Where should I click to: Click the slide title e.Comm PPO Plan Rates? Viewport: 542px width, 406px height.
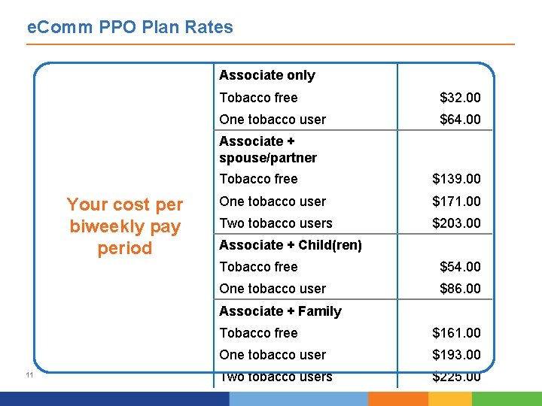tap(129, 28)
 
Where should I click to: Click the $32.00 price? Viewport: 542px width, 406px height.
tap(460, 98)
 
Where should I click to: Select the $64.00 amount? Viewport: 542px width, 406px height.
tap(460, 120)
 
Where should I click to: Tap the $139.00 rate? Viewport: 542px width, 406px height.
tap(456, 179)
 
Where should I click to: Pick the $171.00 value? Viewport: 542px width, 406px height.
tap(456, 201)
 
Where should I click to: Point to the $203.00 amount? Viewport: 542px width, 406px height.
tap(456, 223)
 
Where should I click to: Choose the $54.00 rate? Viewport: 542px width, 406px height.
tap(460, 267)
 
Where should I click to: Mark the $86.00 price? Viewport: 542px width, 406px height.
tap(460, 289)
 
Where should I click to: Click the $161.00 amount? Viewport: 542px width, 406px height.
tap(456, 333)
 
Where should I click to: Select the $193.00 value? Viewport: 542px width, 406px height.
tap(456, 355)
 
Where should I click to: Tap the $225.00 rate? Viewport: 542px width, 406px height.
tap(456, 377)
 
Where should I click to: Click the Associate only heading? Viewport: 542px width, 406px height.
tap(267, 75)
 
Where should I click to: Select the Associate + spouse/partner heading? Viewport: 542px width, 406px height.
tap(267, 150)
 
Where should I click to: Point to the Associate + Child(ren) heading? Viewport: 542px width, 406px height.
tap(291, 245)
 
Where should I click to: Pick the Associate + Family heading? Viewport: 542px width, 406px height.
tap(280, 311)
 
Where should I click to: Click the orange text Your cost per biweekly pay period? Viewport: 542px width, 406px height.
tap(125, 226)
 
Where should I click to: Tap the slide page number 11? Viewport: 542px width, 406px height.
tap(28, 375)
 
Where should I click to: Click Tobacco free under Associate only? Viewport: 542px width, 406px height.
tap(258, 98)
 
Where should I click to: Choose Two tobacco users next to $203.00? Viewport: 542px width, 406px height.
tap(276, 223)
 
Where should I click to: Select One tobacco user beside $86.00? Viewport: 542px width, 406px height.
tap(273, 289)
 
